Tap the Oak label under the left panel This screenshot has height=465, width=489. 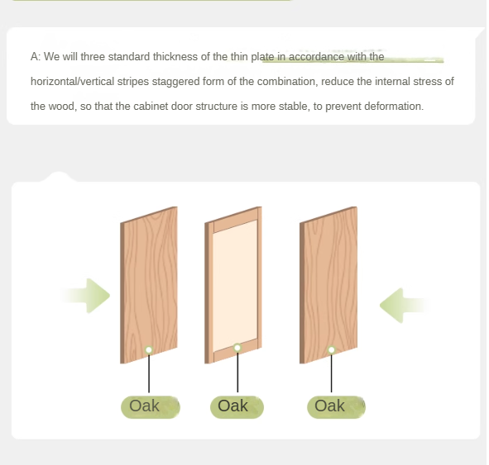coord(145,406)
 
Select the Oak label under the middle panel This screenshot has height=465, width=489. coord(233,406)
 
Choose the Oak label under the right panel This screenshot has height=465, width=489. coord(330,406)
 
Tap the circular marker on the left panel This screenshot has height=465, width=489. coord(149,350)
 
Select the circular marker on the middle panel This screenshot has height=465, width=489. coord(237,348)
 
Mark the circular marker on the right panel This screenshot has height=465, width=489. coord(331,350)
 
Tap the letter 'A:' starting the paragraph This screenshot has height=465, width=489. coord(36,57)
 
